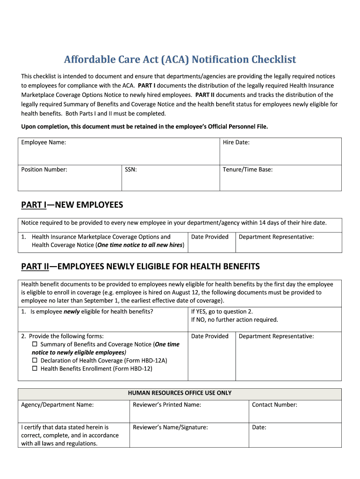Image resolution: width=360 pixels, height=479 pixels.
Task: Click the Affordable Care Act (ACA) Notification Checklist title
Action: pyautogui.click(x=180, y=60)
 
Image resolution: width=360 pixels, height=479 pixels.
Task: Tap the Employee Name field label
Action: pyautogui.click(x=43, y=142)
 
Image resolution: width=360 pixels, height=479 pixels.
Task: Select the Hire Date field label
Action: pyautogui.click(x=236, y=142)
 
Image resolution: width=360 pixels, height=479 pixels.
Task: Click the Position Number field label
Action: pyautogui.click(x=44, y=169)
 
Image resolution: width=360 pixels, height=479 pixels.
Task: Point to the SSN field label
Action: pyautogui.click(x=131, y=169)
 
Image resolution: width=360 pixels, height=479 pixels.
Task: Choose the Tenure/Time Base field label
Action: pyautogui.click(x=248, y=169)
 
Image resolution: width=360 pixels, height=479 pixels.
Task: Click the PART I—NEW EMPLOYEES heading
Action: pyautogui.click(x=72, y=205)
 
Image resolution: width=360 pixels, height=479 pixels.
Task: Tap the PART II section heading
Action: pyautogui.click(x=140, y=267)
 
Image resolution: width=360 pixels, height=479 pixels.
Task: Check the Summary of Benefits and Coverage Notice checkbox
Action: pyautogui.click(x=35, y=344)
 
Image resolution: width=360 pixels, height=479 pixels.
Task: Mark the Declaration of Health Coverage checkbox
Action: pyautogui.click(x=35, y=361)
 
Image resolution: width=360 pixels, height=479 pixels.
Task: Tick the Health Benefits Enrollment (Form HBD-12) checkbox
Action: pyautogui.click(x=35, y=369)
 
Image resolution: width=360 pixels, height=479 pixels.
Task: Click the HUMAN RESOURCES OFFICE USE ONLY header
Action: pyautogui.click(x=180, y=393)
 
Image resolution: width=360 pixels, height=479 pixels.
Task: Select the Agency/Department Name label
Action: pyautogui.click(x=58, y=405)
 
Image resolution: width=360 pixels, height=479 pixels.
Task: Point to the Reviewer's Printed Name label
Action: pyautogui.click(x=167, y=405)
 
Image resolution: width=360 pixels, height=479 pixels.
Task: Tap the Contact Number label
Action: pyautogui.click(x=274, y=405)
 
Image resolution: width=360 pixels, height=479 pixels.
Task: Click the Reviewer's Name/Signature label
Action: pyautogui.click(x=170, y=427)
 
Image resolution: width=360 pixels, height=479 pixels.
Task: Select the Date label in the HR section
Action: pyautogui.click(x=259, y=427)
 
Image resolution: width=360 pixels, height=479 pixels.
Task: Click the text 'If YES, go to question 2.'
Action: pyautogui.click(x=222, y=312)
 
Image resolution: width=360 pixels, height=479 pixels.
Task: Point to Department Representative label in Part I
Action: pyautogui.click(x=276, y=237)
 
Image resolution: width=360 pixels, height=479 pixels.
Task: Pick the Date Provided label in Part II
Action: pyautogui.click(x=210, y=336)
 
